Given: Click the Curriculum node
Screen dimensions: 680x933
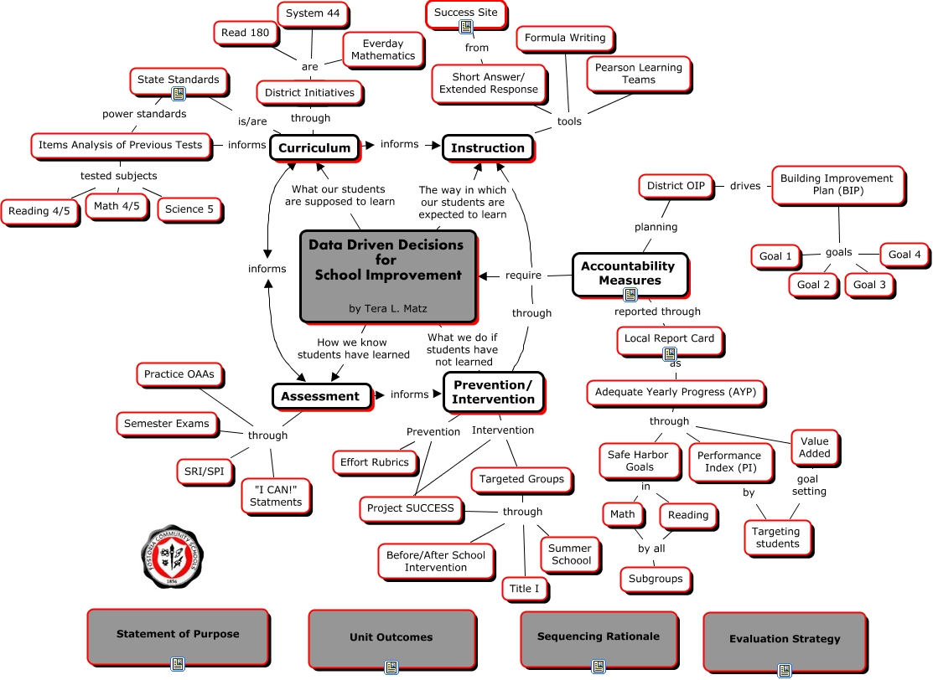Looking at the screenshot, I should click(x=314, y=147).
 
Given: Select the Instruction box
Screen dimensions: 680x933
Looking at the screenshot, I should click(x=487, y=147).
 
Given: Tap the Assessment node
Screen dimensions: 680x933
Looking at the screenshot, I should click(x=320, y=396).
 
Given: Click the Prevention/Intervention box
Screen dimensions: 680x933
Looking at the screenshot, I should click(x=493, y=392).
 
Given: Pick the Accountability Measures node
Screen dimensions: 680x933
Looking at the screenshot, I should click(x=630, y=273).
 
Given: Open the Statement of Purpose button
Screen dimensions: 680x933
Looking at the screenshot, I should click(x=178, y=635).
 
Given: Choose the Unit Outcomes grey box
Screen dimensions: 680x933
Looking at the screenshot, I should click(x=391, y=637).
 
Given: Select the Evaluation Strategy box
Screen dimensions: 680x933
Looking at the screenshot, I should click(x=784, y=639).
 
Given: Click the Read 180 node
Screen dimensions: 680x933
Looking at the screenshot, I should click(x=246, y=33).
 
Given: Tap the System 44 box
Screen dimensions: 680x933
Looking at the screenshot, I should click(x=312, y=13).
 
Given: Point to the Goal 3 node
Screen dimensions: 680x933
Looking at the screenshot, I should click(x=869, y=285).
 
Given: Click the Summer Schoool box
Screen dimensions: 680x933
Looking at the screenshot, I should click(x=571, y=554).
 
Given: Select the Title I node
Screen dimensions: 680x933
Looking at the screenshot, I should click(x=525, y=589).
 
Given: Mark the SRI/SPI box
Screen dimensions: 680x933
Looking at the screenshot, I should click(x=205, y=471).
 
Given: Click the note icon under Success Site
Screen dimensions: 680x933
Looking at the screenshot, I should click(x=466, y=28).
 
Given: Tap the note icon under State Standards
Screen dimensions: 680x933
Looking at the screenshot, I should click(x=179, y=94).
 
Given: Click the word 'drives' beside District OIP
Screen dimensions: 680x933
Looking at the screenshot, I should click(x=744, y=185).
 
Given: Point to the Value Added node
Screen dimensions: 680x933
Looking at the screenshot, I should click(x=814, y=447).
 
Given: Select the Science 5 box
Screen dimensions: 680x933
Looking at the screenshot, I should click(x=189, y=209).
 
